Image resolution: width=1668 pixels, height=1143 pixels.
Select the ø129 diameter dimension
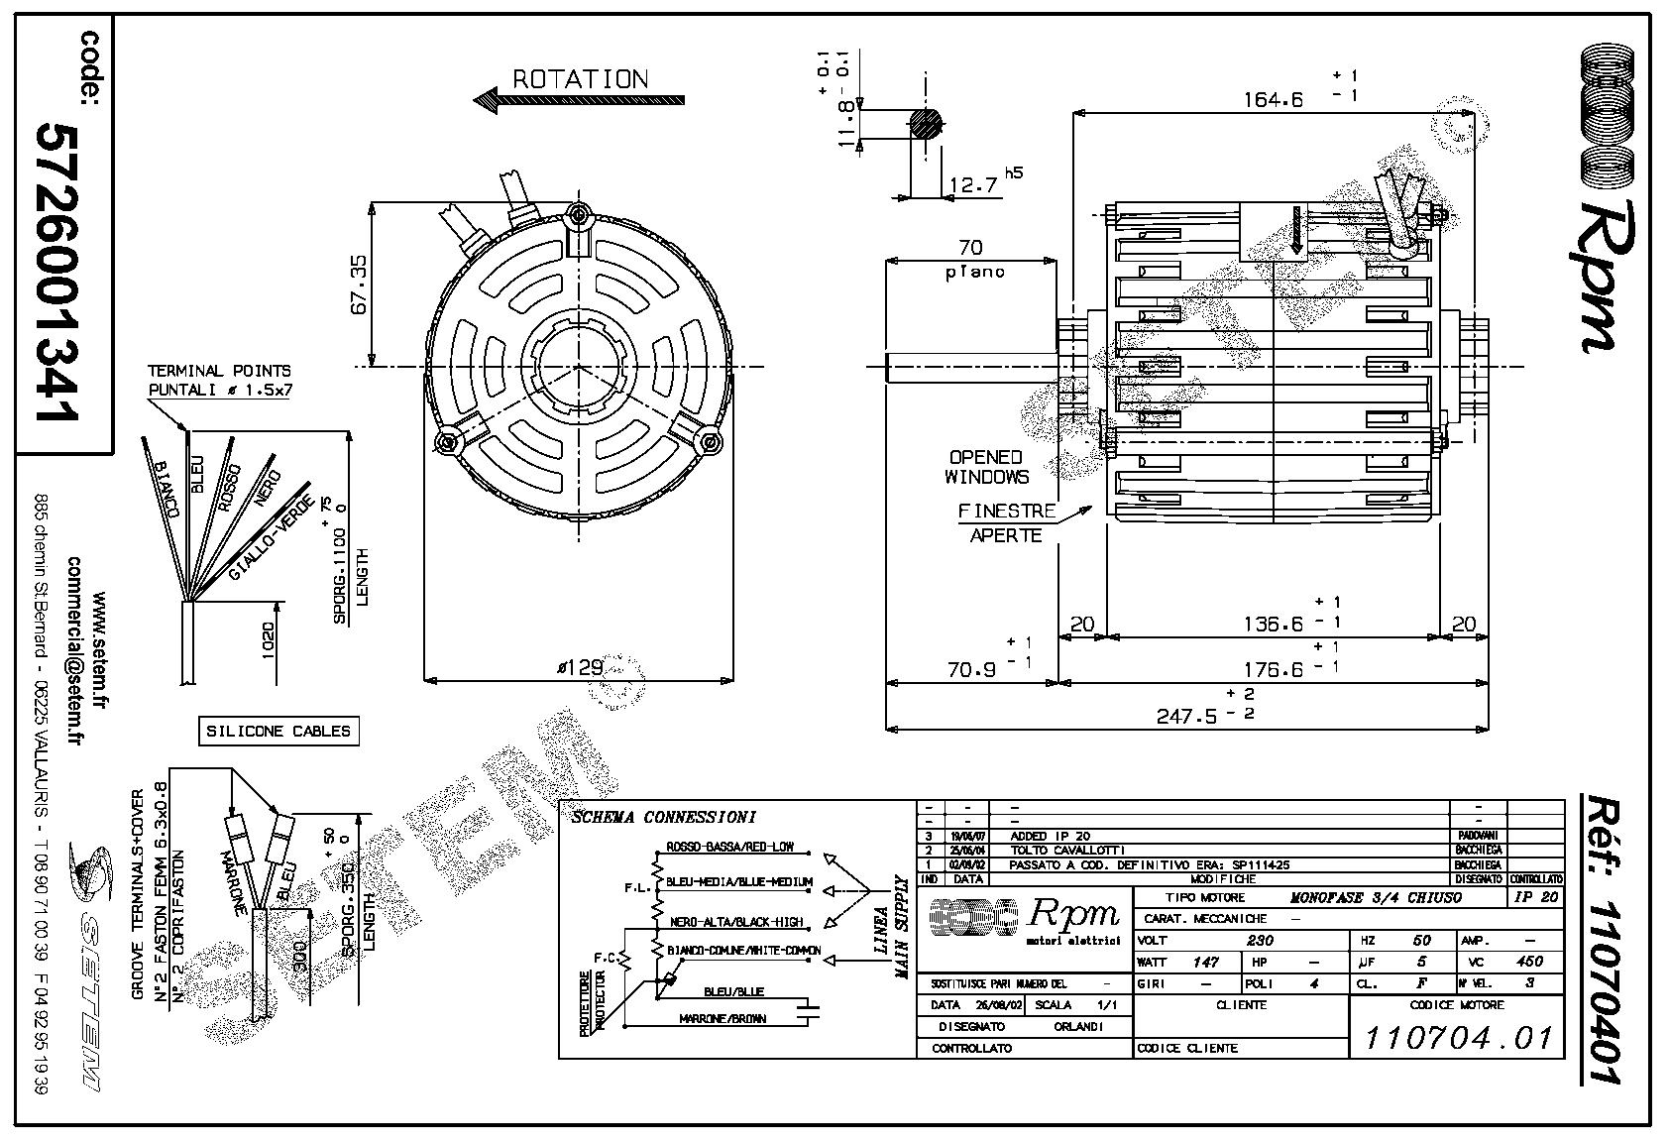(x=580, y=668)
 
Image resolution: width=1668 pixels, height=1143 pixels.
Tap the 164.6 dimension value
(x=1274, y=99)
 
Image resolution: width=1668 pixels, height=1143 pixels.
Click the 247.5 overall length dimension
(x=1186, y=716)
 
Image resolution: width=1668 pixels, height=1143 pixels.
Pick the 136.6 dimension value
(x=1274, y=624)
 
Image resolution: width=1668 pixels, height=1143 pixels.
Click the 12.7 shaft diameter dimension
(x=972, y=185)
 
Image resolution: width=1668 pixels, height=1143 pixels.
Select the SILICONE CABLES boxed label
(x=278, y=732)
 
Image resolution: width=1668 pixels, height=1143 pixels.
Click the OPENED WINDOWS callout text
(x=985, y=467)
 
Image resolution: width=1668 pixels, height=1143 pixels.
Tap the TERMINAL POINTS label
(x=219, y=371)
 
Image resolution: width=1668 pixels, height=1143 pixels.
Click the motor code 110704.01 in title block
(x=1458, y=1037)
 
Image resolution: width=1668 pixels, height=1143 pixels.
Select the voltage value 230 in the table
(x=1260, y=940)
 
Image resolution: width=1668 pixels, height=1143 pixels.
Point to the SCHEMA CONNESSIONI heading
(x=663, y=818)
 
